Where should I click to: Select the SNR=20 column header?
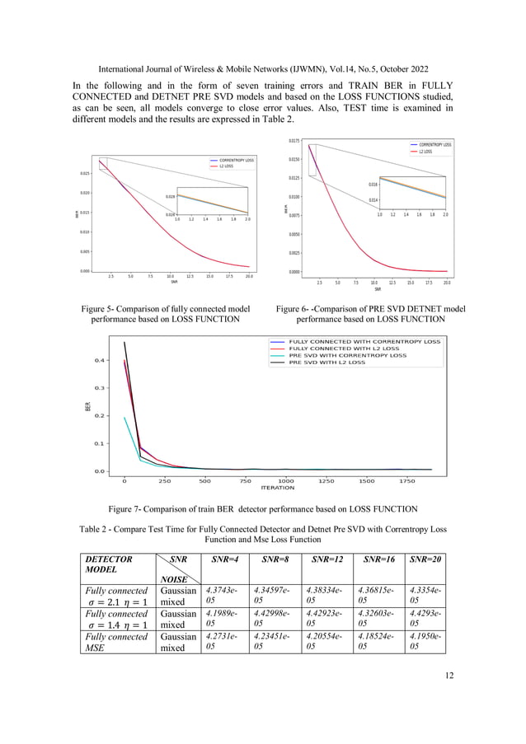click(426, 560)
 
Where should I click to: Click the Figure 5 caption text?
click(161, 314)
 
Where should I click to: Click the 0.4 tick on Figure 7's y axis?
click(99, 360)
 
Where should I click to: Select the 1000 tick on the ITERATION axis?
click(285, 480)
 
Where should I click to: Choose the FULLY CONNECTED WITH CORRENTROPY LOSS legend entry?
click(364, 341)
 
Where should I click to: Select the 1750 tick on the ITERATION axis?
click(406, 480)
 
